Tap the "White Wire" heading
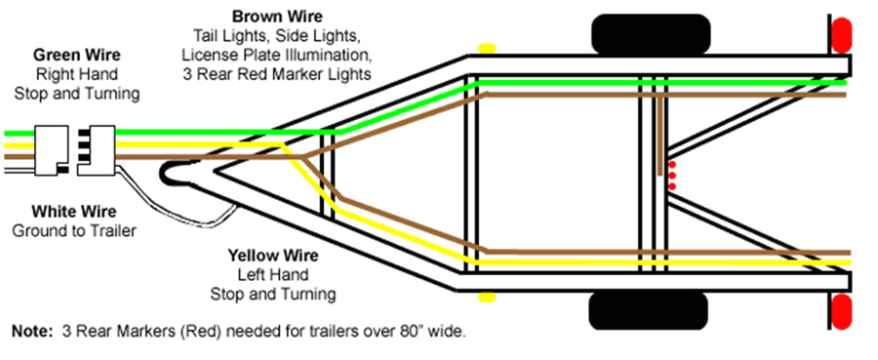[73, 212]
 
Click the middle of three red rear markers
[671, 176]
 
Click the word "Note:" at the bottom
[35, 332]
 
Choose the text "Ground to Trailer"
[74, 230]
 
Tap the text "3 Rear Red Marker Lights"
[275, 73]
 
